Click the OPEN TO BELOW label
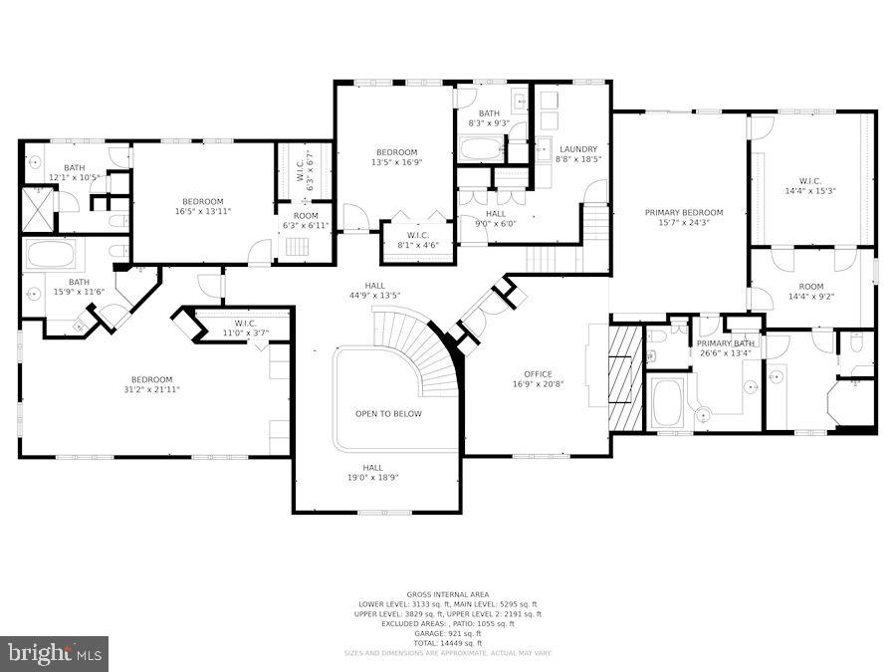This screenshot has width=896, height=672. click(388, 414)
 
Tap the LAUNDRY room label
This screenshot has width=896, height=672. click(576, 154)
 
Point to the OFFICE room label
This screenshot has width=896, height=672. click(538, 379)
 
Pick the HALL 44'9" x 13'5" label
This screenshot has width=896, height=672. click(374, 291)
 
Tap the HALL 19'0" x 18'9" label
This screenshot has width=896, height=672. click(372, 473)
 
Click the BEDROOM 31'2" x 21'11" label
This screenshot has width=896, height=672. click(151, 384)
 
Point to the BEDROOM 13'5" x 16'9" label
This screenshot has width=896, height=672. click(396, 157)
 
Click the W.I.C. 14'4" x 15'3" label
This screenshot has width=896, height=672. click(807, 185)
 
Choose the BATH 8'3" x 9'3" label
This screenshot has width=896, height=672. click(488, 118)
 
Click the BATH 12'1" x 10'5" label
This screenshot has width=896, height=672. click(74, 172)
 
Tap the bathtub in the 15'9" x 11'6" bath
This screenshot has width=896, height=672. click(51, 254)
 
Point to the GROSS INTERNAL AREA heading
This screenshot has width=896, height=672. click(447, 594)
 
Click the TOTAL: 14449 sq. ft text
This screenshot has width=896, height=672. click(447, 642)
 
